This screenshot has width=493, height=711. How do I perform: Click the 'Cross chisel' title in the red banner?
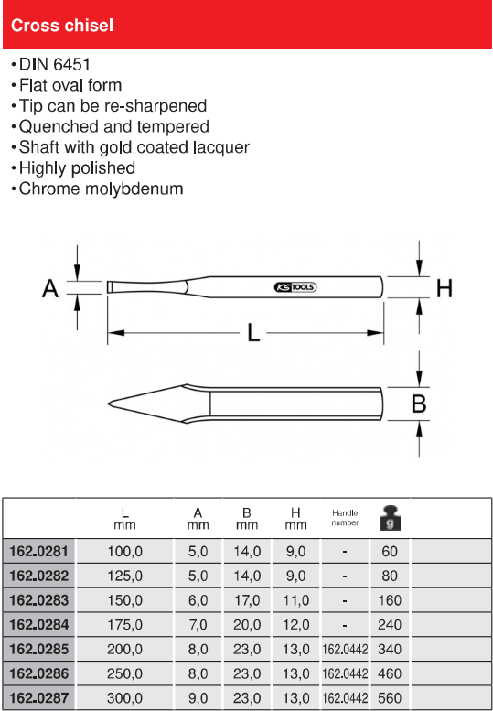click(62, 26)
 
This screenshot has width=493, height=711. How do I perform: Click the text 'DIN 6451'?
click(55, 64)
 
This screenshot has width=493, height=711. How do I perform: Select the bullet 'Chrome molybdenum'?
click(101, 189)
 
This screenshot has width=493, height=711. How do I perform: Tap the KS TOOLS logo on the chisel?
click(295, 287)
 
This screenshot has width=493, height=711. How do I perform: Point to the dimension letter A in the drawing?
click(50, 288)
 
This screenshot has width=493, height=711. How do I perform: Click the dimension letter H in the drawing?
click(444, 288)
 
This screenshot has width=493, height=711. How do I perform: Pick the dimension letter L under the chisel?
click(253, 333)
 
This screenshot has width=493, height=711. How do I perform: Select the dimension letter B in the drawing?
click(418, 404)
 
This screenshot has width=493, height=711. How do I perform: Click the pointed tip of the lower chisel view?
click(108, 404)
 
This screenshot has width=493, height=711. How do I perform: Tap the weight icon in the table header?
click(391, 518)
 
